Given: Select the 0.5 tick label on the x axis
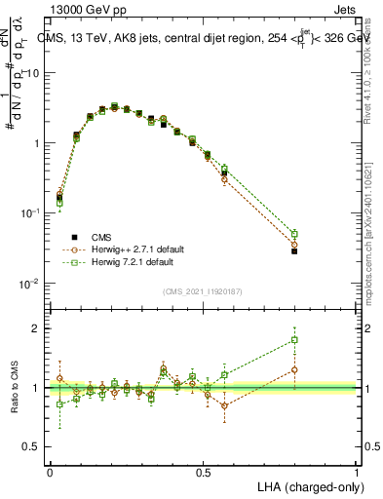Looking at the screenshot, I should click(204, 472).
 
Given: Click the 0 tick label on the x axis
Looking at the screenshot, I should click(51, 472).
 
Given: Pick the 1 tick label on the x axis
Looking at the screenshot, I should click(357, 472).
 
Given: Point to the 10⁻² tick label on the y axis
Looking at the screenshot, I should click(31, 284).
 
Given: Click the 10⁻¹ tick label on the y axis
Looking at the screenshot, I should click(31, 213).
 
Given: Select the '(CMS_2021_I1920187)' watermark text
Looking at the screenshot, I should click(203, 290).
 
